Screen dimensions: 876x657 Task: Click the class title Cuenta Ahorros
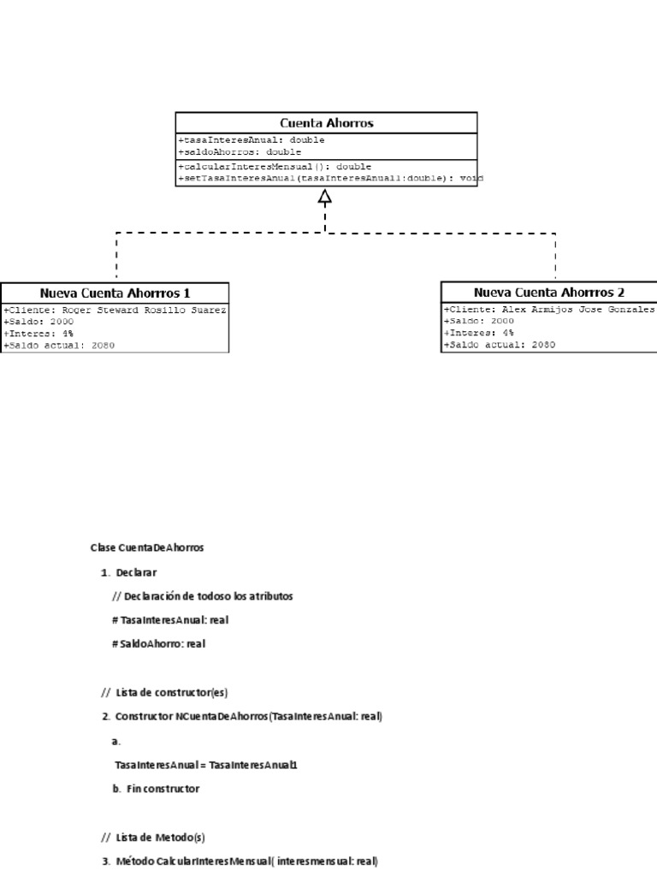(327, 123)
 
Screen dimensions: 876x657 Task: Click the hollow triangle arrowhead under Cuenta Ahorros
(325, 198)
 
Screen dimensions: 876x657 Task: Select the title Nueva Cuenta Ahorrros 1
(115, 292)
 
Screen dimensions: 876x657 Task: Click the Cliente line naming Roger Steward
(115, 311)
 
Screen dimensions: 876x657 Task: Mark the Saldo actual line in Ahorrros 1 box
(59, 345)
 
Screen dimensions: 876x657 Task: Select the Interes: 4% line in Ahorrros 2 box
(479, 333)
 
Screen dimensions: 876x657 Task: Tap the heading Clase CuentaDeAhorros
(147, 547)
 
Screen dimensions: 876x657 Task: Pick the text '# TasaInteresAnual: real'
(170, 619)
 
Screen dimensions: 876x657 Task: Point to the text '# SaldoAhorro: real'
(158, 643)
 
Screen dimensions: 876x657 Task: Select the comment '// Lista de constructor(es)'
(164, 691)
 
